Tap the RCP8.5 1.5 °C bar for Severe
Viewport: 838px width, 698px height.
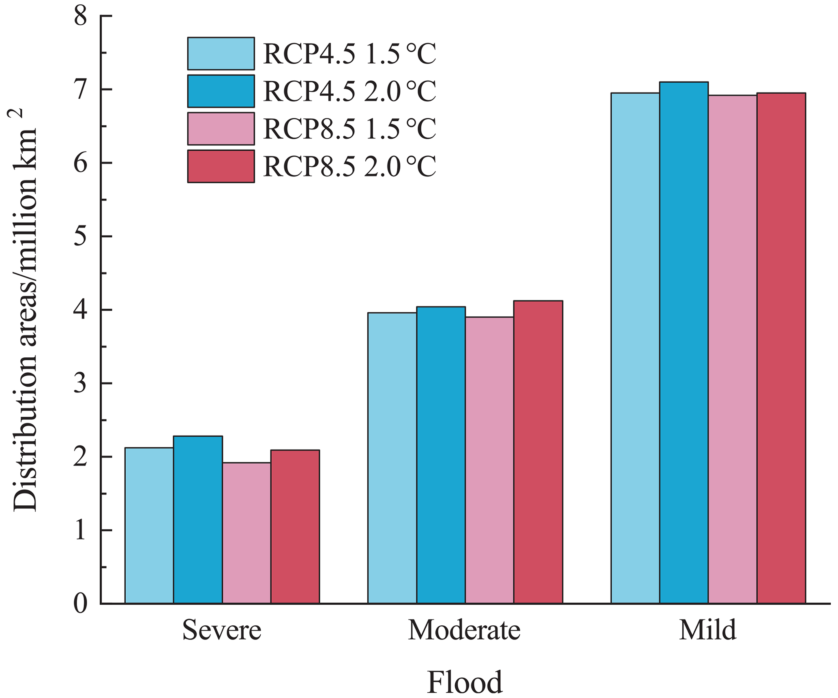[246, 533]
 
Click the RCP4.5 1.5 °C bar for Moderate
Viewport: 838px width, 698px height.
[392, 458]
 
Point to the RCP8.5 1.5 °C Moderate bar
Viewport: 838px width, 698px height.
[489, 460]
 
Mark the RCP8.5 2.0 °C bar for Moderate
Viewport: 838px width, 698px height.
[538, 452]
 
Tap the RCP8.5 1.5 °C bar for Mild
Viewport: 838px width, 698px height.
[733, 349]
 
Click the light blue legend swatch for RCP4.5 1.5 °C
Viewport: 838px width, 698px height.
[221, 54]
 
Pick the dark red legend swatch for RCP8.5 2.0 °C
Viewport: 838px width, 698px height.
[221, 166]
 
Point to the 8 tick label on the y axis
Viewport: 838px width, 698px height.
[81, 17]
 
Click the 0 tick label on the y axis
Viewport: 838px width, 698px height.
[81, 604]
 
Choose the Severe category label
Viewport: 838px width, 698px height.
[222, 631]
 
